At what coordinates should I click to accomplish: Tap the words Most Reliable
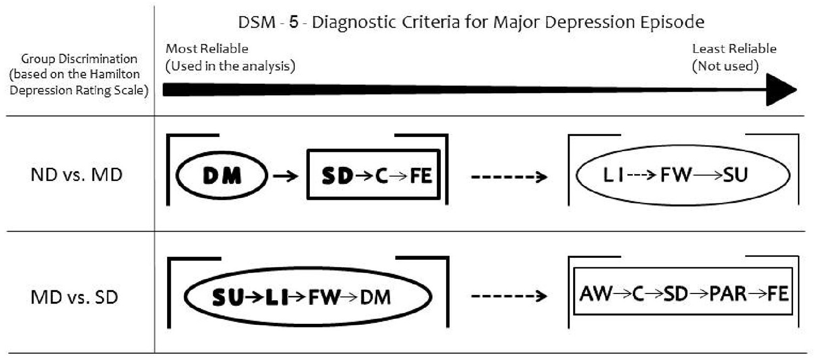pyautogui.click(x=207, y=49)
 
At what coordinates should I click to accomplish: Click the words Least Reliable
pyautogui.click(x=734, y=49)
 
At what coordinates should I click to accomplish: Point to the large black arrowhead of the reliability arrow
pyautogui.click(x=780, y=89)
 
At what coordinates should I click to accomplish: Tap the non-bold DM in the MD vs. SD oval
pyautogui.click(x=376, y=298)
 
